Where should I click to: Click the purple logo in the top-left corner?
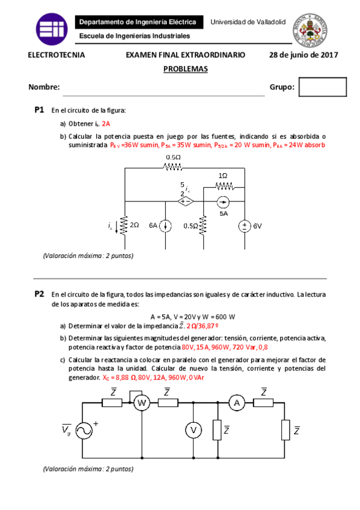point(52,28)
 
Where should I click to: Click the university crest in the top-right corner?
point(310,29)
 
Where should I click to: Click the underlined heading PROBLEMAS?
point(185,69)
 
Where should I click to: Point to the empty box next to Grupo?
point(323,87)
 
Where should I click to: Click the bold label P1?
point(40,110)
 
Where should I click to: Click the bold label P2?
point(40,294)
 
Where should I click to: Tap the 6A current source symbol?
point(165,226)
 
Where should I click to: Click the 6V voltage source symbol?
point(245,226)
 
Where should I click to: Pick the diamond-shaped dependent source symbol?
point(185,201)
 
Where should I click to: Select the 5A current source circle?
point(223,201)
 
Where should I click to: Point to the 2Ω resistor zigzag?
point(125,226)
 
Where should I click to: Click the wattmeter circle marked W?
point(141,403)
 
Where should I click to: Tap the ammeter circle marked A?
point(239,403)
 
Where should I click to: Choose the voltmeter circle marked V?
point(193,429)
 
